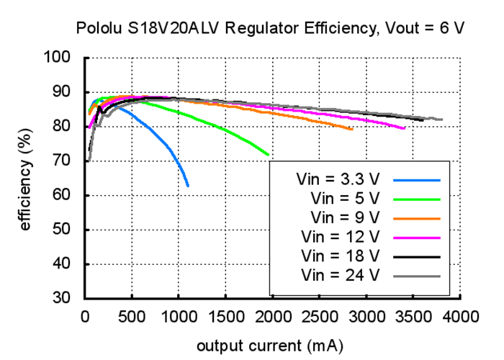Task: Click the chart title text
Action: coord(270,29)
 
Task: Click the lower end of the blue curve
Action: coord(188,186)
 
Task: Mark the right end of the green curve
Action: coord(269,155)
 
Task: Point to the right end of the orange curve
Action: coord(352,130)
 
